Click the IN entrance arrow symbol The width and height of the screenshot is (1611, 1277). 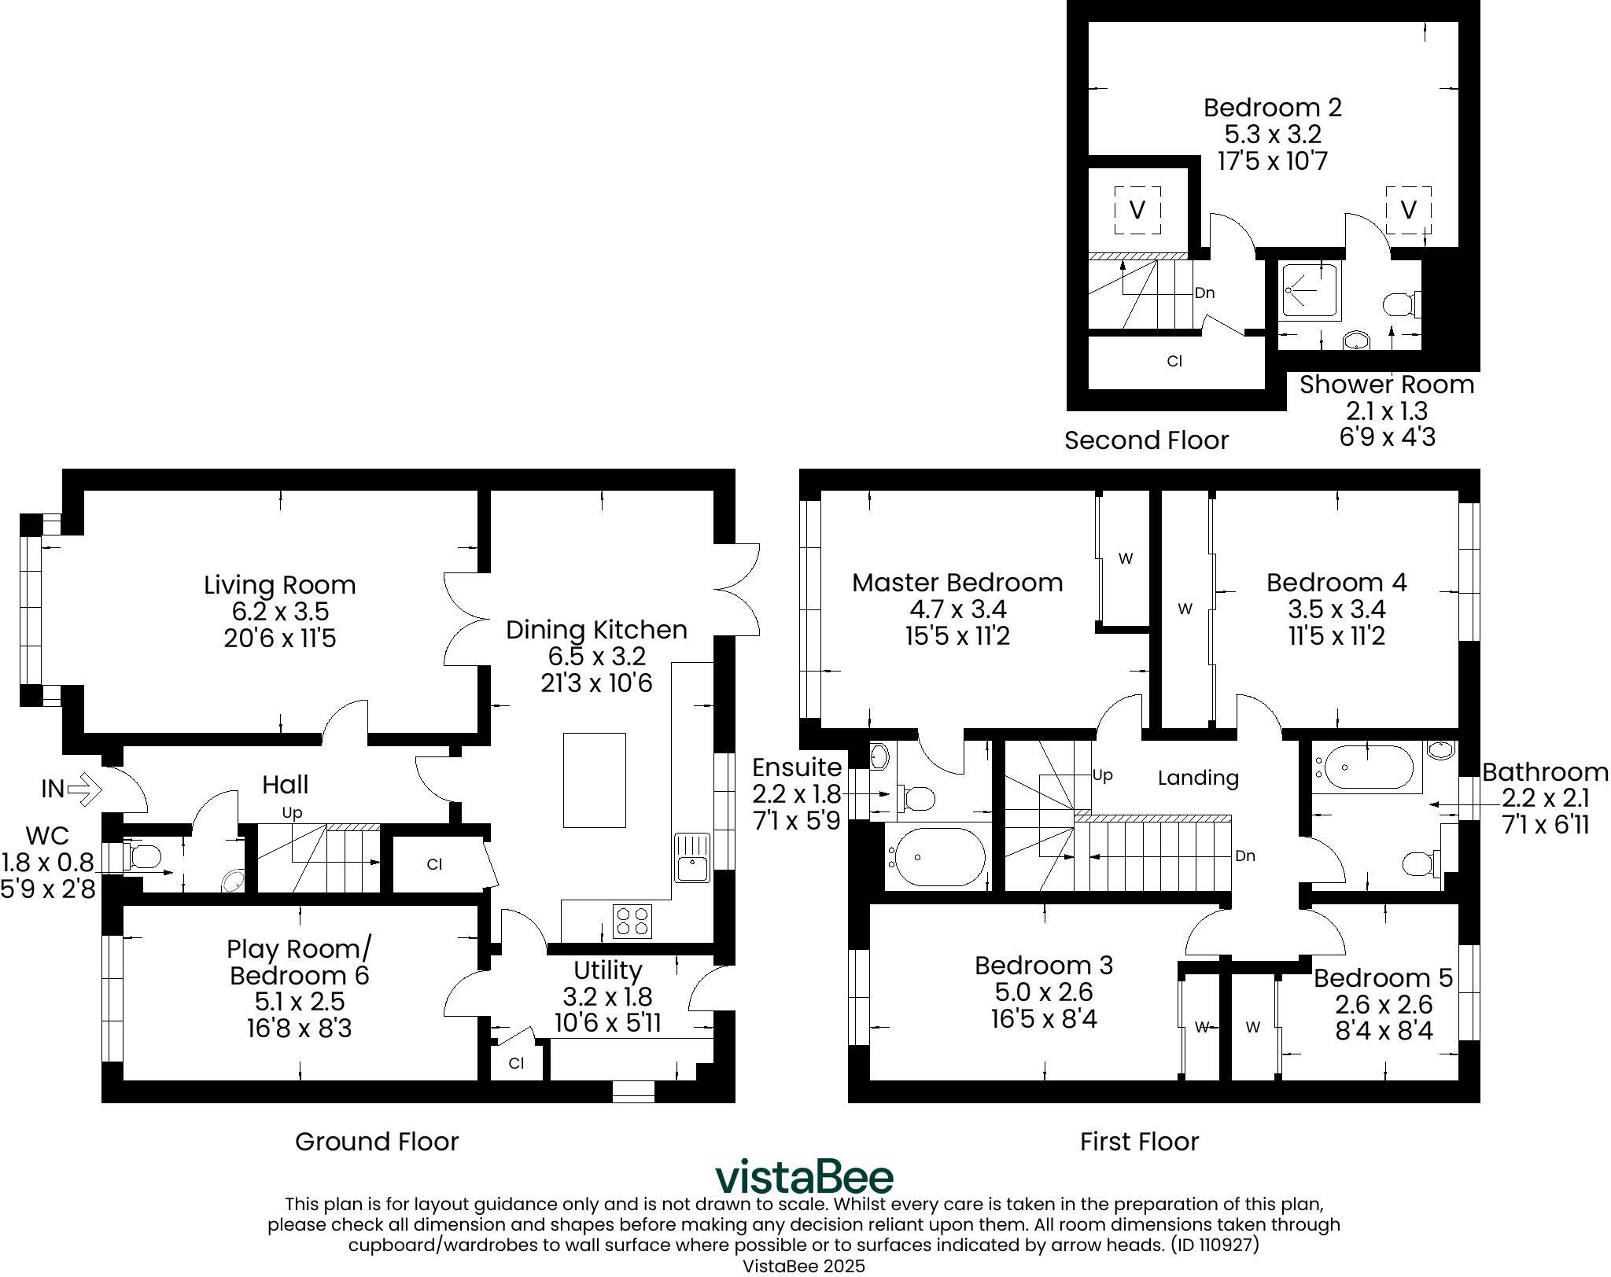coord(85,789)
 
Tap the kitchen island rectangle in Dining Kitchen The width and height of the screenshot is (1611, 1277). coord(594,780)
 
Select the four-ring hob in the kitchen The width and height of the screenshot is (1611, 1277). coord(632,922)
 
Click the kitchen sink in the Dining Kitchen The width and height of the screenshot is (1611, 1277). coord(692,858)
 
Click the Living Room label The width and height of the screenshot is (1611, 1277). coord(279,585)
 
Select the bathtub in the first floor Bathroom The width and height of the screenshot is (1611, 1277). coord(1369,767)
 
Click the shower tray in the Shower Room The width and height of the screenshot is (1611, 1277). coord(1309,290)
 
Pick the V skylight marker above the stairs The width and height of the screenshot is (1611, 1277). coord(1137,210)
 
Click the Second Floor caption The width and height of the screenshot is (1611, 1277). coord(1146,440)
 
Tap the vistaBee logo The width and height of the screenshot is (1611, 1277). coord(804,1177)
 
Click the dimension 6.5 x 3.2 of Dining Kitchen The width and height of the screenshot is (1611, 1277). coord(596,657)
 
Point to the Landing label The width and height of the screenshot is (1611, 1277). coord(1197,778)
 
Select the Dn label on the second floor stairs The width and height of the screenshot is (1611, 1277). coord(1204,293)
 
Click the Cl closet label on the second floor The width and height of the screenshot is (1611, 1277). coord(1174,362)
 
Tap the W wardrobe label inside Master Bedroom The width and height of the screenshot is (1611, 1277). coord(1126,559)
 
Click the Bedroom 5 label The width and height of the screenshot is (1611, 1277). coord(1383,978)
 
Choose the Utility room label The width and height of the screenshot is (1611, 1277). coord(607,970)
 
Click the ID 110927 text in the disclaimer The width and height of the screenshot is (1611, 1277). coord(1215,1245)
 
